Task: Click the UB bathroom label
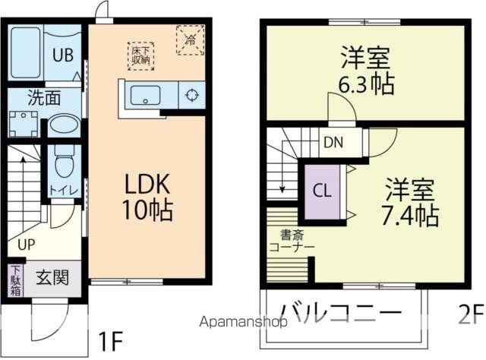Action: pyautogui.click(x=63, y=55)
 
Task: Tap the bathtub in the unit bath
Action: pyautogui.click(x=26, y=52)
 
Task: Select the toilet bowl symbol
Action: pyautogui.click(x=65, y=161)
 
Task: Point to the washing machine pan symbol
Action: pyautogui.click(x=24, y=124)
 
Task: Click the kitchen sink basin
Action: pyautogui.click(x=145, y=96)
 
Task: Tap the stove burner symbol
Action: pyautogui.click(x=191, y=95)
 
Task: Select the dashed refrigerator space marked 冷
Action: pyautogui.click(x=191, y=40)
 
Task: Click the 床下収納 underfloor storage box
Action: pyautogui.click(x=140, y=55)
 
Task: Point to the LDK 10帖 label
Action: pyautogui.click(x=147, y=197)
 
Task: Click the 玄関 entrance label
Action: pyautogui.click(x=52, y=277)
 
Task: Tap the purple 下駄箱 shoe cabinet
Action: pyautogui.click(x=16, y=279)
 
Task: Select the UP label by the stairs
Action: pyautogui.click(x=27, y=245)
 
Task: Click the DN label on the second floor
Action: pyautogui.click(x=333, y=142)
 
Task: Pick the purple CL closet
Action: pyautogui.click(x=322, y=191)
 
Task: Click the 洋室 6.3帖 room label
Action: pyautogui.click(x=366, y=71)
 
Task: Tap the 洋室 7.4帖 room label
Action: pyautogui.click(x=410, y=203)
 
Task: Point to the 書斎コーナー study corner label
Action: pyautogui.click(x=292, y=241)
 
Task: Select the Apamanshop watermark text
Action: pyautogui.click(x=243, y=322)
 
